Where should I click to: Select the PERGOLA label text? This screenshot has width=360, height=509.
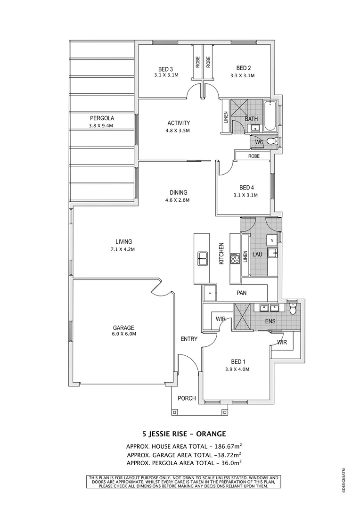click(x=102, y=118)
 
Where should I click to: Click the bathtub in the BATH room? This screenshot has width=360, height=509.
click(x=270, y=116)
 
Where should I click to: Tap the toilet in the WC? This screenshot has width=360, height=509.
click(x=271, y=141)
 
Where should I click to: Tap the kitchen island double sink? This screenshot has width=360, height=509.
click(x=203, y=258)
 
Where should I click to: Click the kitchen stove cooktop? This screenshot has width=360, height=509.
click(x=235, y=258)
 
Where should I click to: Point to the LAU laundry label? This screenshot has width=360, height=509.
click(x=257, y=254)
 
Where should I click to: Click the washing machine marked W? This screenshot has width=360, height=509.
click(x=272, y=240)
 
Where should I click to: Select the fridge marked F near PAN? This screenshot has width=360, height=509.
click(x=209, y=293)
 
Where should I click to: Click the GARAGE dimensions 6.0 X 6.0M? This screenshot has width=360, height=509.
click(x=123, y=335)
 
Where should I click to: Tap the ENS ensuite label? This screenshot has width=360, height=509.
click(x=270, y=321)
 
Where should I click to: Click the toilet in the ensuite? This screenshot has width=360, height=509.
click(x=293, y=309)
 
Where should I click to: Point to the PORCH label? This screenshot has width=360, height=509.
click(x=187, y=398)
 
